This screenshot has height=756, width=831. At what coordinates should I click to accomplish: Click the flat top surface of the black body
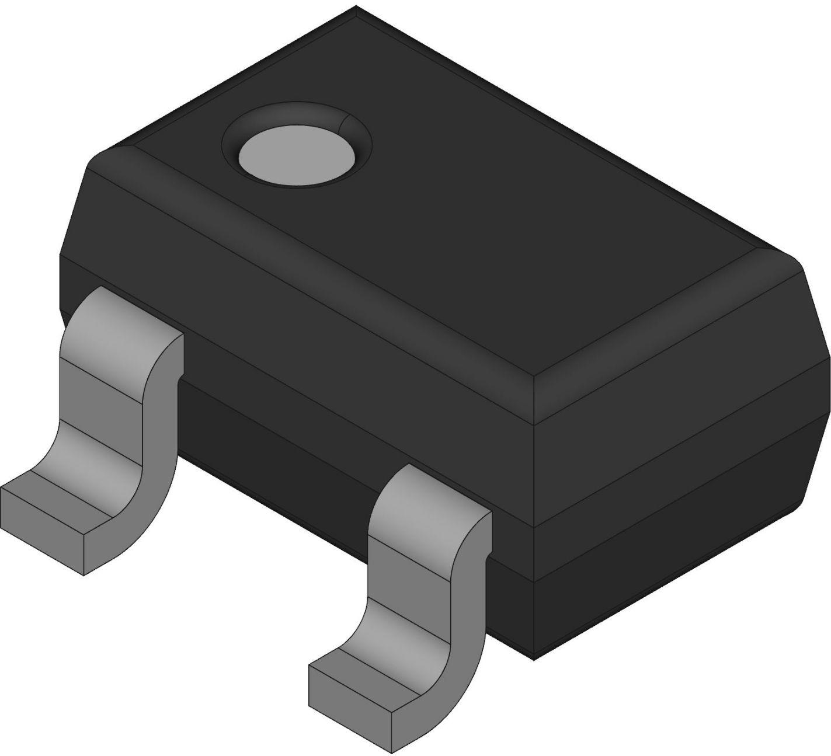(x=467, y=193)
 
